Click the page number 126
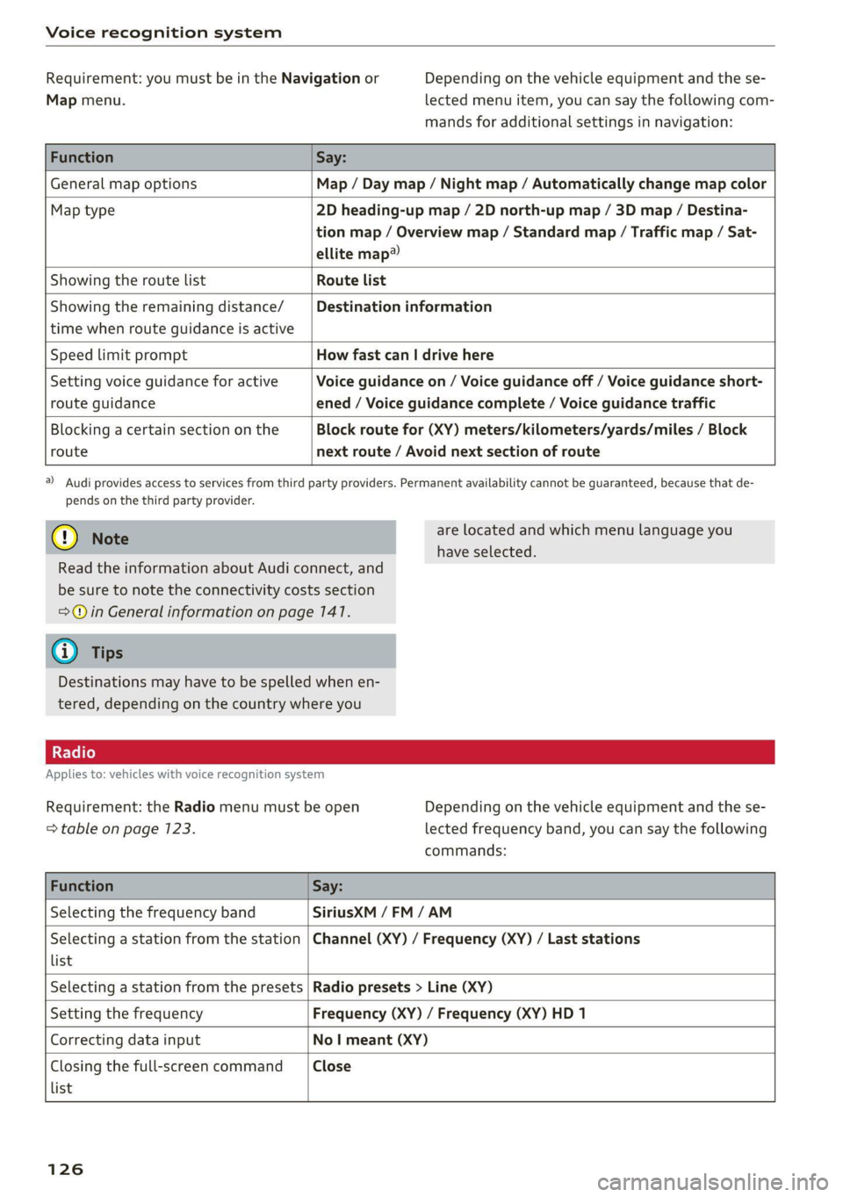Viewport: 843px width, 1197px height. [65, 1169]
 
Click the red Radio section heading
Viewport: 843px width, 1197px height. [74, 753]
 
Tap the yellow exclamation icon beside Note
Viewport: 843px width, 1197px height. [65, 537]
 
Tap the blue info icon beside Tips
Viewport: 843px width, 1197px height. [65, 652]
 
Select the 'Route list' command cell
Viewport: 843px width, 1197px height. [351, 280]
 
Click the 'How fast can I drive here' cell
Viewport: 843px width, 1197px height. [405, 355]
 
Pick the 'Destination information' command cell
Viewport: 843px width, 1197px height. [404, 306]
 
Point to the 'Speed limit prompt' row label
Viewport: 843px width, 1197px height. [119, 355]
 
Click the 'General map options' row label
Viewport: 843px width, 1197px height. [123, 184]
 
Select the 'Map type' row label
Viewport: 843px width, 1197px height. [83, 210]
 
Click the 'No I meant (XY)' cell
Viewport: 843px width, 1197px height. [370, 1040]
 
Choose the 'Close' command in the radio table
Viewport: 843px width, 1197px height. [332, 1066]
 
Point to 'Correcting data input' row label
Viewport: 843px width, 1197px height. [125, 1040]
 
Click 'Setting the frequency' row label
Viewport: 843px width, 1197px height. [126, 1013]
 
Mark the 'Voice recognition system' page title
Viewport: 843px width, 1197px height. [163, 32]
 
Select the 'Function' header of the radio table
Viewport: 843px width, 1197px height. [82, 886]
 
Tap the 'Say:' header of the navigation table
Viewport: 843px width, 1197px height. [331, 157]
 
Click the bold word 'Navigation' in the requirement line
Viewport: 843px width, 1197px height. [321, 78]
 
